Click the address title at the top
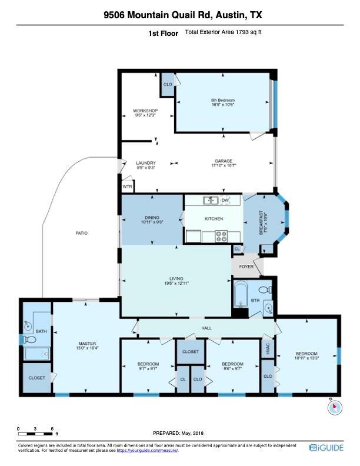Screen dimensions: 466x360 (180, 15)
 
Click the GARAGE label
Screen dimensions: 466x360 (223, 163)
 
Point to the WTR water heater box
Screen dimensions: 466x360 (127, 187)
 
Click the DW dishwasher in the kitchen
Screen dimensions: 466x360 (225, 201)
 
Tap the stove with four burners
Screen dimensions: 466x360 (222, 237)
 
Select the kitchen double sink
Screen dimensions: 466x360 (210, 201)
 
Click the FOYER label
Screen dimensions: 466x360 (245, 266)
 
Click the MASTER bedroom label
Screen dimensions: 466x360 (87, 346)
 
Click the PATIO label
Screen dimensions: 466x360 (81, 234)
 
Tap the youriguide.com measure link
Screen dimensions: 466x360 (146, 451)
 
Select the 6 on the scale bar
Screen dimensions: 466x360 (52, 428)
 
